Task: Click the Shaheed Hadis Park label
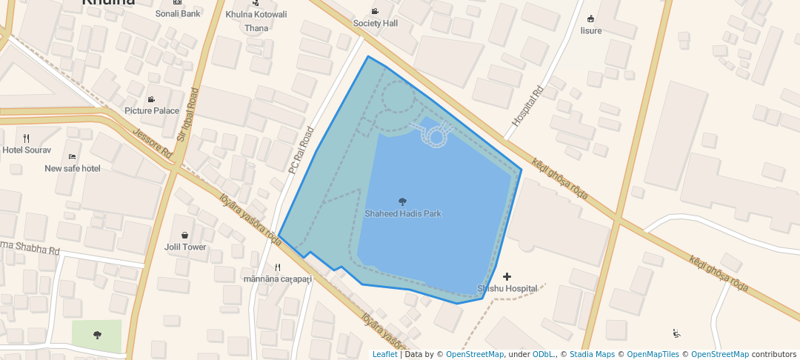402,213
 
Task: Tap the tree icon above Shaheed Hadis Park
402,201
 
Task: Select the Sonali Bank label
178,13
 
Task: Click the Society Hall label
376,23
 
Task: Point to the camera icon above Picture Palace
151,99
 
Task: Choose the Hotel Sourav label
27,150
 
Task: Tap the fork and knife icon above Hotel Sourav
27,138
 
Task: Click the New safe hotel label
73,168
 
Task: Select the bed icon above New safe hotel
72,156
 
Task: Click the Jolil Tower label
185,247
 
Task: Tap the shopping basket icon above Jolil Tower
184,235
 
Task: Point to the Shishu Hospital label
507,288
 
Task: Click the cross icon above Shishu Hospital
507,276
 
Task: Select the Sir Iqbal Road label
188,115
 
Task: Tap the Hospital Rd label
528,106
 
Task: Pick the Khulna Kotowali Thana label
256,21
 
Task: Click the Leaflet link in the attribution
384,354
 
